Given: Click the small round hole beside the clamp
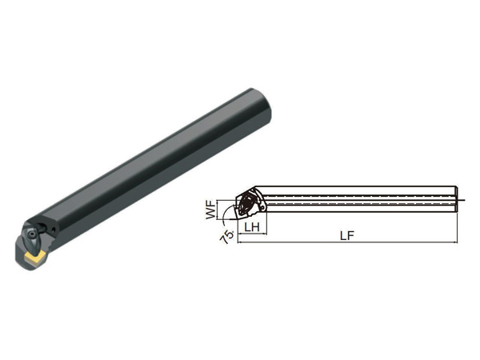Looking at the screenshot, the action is click(x=54, y=229).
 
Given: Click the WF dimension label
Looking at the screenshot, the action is click(x=211, y=210).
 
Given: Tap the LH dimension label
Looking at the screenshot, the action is click(x=252, y=227).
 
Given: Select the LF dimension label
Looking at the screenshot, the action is click(x=347, y=236).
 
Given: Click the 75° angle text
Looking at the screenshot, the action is click(x=228, y=236).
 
